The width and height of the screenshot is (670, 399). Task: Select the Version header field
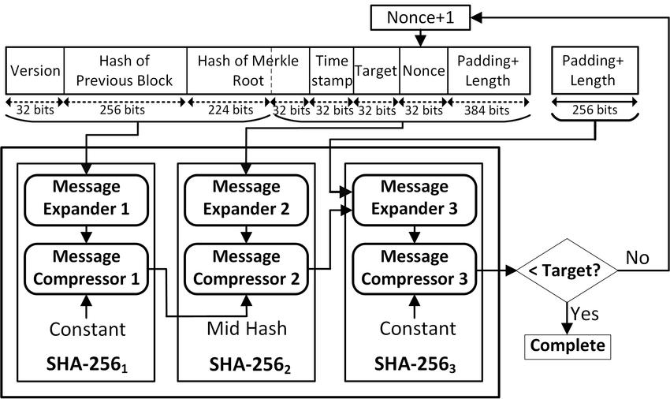35,70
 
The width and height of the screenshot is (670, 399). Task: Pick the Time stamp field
331,70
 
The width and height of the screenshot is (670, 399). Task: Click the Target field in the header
376,70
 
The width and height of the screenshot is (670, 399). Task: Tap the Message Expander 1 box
87,198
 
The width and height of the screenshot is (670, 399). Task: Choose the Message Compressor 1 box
87,268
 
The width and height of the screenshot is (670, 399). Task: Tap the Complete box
567,345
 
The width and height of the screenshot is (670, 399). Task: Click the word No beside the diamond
638,258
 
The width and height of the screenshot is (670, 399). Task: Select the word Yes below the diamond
584,314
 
